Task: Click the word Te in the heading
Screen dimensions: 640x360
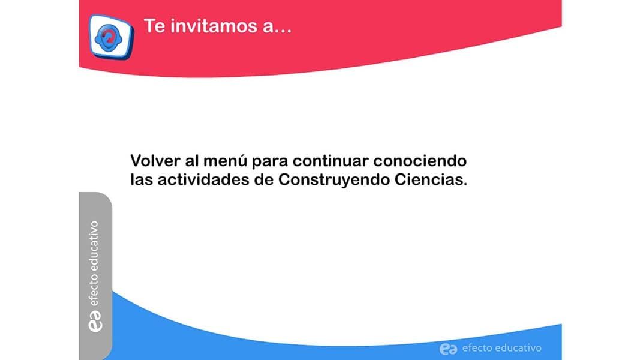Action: (x=154, y=26)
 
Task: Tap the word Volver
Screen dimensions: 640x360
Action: (x=155, y=161)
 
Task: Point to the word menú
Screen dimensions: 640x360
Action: (x=225, y=161)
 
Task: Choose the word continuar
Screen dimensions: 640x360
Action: (x=330, y=161)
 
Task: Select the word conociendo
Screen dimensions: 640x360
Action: (x=420, y=161)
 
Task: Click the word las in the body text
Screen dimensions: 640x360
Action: (x=142, y=179)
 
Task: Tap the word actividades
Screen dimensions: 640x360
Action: (x=203, y=179)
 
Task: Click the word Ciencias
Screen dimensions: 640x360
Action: (x=431, y=179)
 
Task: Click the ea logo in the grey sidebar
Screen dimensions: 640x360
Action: (x=95, y=321)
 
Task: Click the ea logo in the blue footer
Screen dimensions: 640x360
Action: (x=448, y=349)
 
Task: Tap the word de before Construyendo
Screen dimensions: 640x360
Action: (x=264, y=179)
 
